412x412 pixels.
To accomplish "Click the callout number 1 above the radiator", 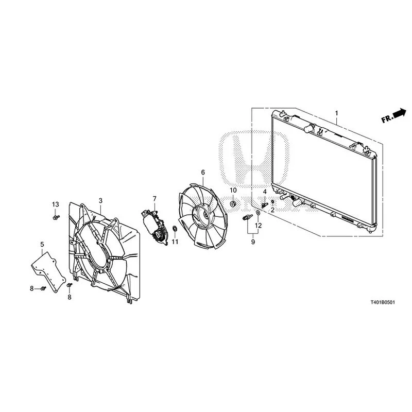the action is click(x=336, y=113).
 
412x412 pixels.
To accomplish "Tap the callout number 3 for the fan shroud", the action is click(x=100, y=201).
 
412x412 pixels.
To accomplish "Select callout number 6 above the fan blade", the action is click(x=203, y=173).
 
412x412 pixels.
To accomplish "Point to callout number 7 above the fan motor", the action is click(x=154, y=199).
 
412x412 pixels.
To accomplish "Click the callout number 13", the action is click(x=56, y=204).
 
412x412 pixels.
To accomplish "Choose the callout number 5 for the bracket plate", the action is click(x=42, y=244).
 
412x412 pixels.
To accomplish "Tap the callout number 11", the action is click(x=175, y=242).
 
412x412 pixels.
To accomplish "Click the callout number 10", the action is click(x=233, y=190).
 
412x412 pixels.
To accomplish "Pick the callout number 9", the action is click(x=253, y=242).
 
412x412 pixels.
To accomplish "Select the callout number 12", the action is click(x=259, y=226).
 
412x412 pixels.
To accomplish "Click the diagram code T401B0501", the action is click(x=383, y=302).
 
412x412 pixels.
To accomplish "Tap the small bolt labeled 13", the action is click(x=56, y=217).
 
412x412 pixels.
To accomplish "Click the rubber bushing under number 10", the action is click(x=233, y=204).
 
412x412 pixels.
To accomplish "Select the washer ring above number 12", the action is click(x=258, y=212).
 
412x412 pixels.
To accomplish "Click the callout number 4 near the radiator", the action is click(x=265, y=192).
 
